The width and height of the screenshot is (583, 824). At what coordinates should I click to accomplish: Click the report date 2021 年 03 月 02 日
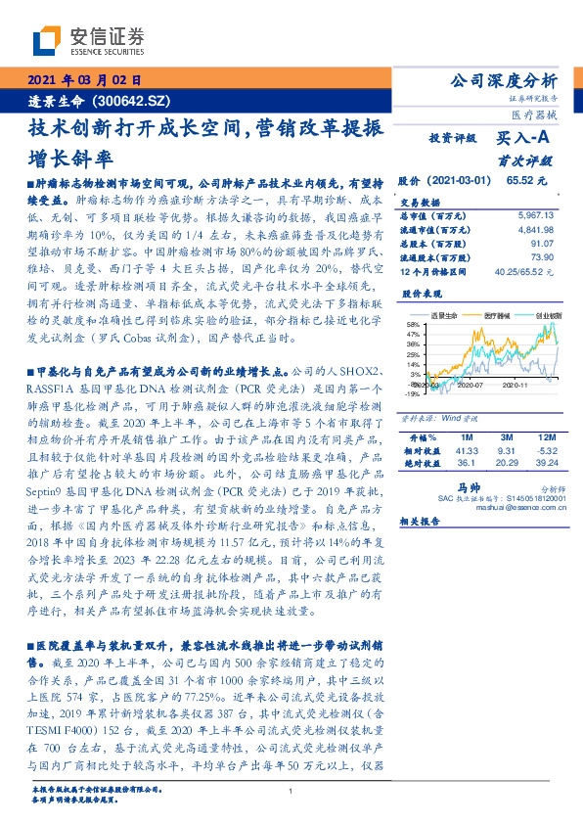[x=84, y=79]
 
